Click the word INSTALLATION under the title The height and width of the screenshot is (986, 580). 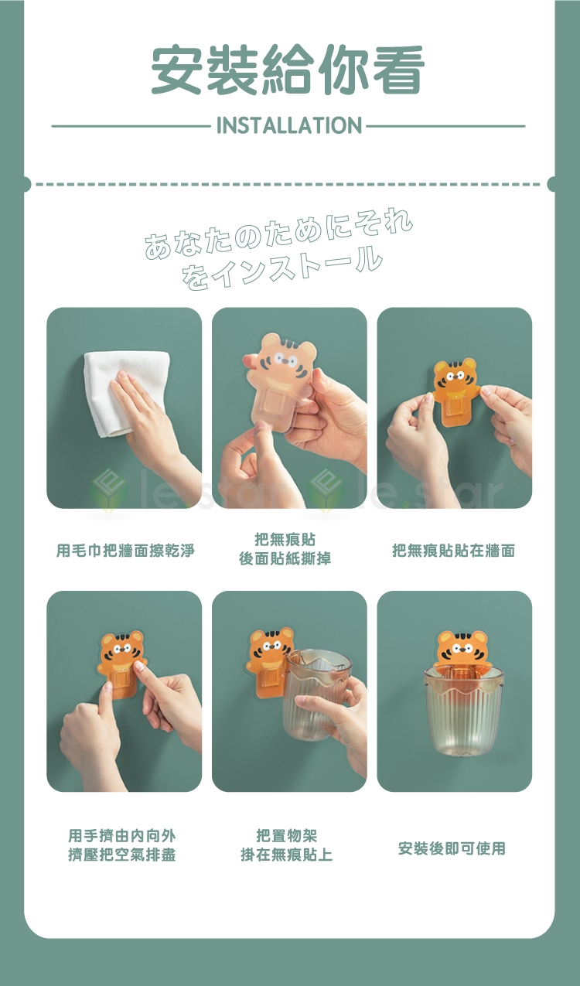[289, 125]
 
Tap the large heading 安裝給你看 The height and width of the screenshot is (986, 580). [288, 70]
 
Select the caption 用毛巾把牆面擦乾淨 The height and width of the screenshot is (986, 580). [125, 550]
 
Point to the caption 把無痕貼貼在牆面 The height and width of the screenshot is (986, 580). [454, 550]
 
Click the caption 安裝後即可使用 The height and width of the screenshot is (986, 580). [452, 848]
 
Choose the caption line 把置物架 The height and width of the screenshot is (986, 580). [286, 835]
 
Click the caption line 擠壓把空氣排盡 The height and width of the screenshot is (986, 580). [122, 855]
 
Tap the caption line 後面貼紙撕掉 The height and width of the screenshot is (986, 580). [285, 559]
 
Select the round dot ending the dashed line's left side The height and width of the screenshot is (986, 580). [26, 184]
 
